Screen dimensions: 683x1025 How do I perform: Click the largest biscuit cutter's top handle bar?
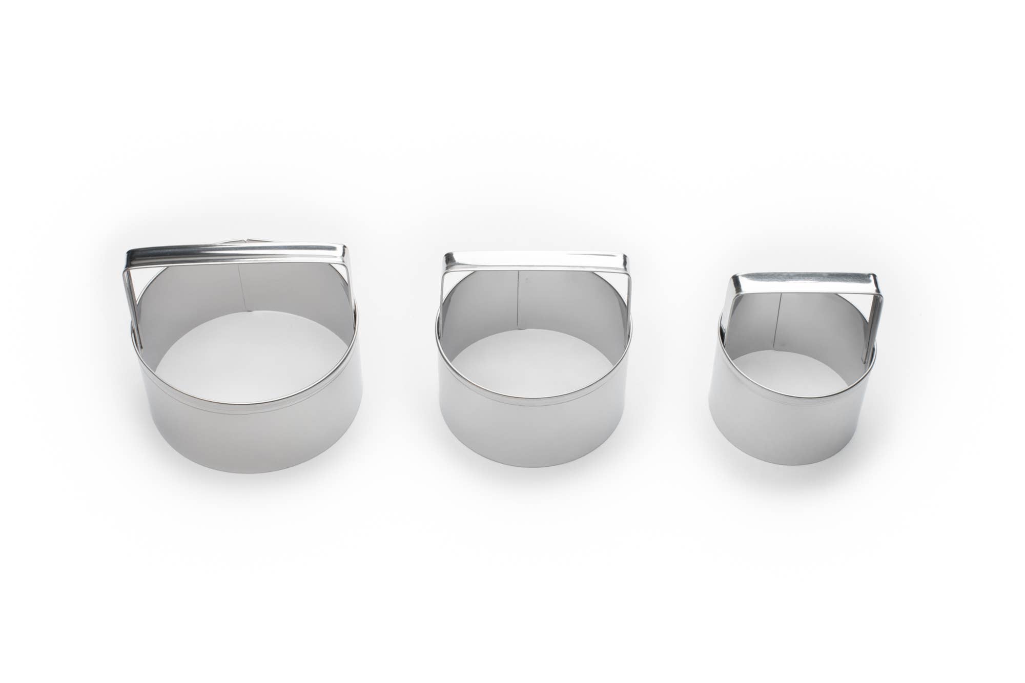pos(236,255)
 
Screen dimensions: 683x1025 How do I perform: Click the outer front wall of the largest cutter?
pos(246,430)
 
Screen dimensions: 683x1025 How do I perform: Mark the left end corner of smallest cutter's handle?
pos(734,279)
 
